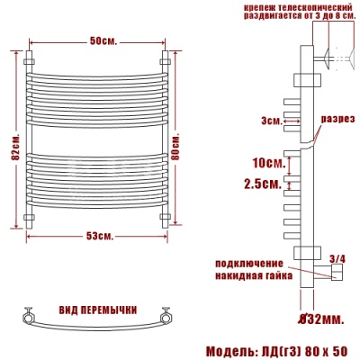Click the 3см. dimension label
coord(267,120)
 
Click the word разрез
coord(337,120)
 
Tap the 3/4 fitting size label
coord(337,259)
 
